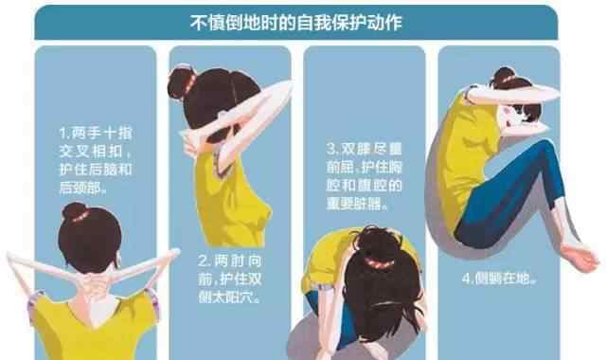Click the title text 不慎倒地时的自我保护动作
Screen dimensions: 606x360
tap(296, 23)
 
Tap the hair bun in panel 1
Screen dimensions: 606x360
tap(76, 212)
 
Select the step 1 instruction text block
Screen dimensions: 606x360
tap(96, 160)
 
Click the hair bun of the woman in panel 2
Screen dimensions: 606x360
tap(183, 83)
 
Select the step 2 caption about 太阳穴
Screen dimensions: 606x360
tap(230, 279)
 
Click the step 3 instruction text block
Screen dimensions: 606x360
tap(364, 176)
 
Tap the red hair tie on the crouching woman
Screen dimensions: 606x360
tap(379, 263)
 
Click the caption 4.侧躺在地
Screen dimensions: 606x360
tap(499, 279)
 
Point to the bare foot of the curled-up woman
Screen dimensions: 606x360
tap(579, 257)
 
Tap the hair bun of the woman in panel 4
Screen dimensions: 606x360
tap(504, 76)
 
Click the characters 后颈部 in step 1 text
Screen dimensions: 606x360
tap(81, 188)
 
